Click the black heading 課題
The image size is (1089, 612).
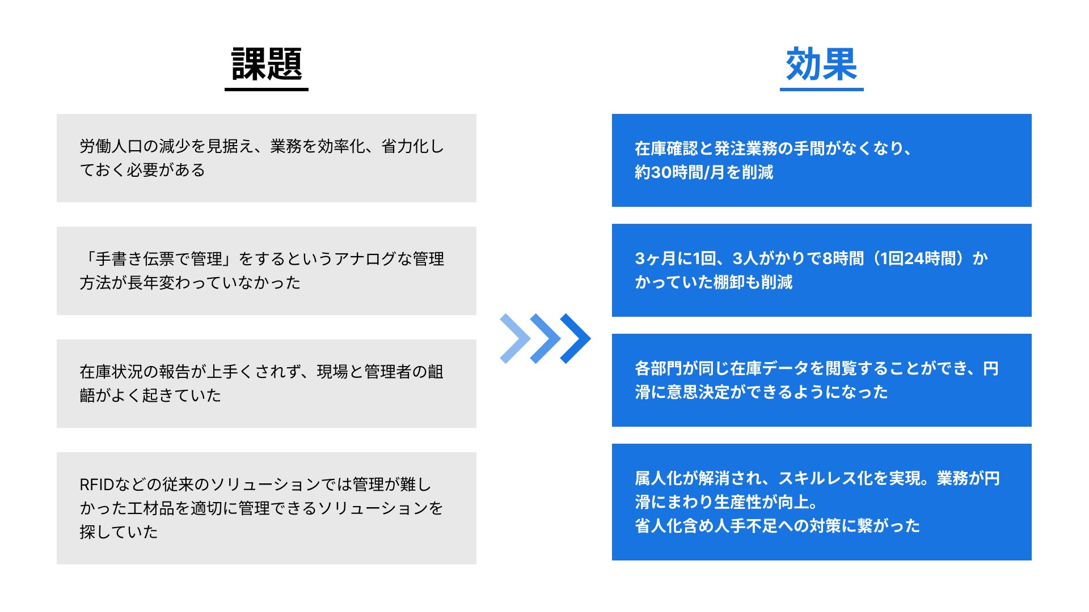[267, 63]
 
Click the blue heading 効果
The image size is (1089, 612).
[821, 63]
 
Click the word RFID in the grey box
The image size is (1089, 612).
[96, 485]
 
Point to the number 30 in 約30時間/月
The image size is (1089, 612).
[662, 172]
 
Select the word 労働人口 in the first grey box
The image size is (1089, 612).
[111, 146]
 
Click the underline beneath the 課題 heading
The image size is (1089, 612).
[267, 89]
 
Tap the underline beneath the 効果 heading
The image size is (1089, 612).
[821, 89]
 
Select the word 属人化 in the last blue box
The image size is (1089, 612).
[659, 479]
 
